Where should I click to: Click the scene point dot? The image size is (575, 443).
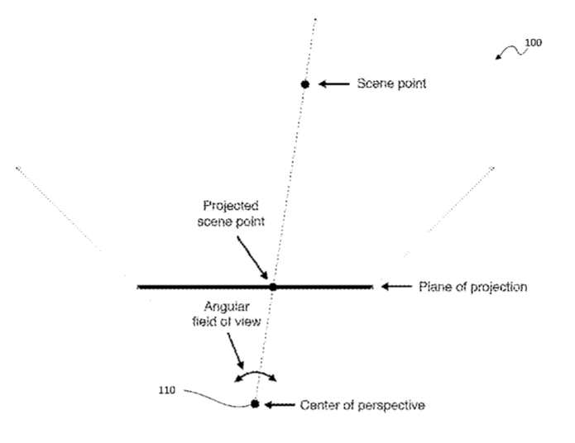[304, 84]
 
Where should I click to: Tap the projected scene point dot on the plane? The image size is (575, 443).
[272, 287]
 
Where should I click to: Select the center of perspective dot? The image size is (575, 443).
[255, 404]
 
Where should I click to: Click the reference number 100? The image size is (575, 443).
[533, 43]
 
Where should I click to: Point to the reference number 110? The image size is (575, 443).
[167, 390]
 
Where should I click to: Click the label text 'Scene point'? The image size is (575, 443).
[391, 83]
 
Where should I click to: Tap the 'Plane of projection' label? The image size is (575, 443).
[473, 287]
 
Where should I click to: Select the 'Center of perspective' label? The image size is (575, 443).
[362, 405]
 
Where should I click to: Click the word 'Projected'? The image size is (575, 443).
[231, 206]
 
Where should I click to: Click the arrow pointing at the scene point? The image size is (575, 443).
[333, 84]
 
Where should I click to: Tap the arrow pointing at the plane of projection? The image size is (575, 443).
[396, 286]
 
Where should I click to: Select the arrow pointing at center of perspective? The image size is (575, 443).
[280, 404]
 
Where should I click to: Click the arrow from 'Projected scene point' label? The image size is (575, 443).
[252, 258]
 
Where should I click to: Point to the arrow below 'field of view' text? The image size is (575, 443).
[235, 350]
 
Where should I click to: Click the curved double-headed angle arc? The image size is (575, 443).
[256, 373]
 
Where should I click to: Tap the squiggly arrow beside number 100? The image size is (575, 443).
[510, 50]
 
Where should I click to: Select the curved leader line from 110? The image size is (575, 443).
[217, 399]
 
